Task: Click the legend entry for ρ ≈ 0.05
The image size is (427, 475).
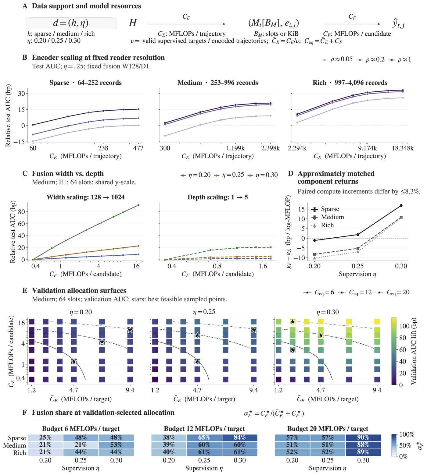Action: [x=337, y=59]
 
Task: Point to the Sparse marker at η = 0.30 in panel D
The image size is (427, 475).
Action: [x=401, y=206]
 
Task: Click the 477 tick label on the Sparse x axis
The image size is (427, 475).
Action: [x=138, y=148]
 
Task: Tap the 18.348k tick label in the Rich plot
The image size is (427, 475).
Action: [x=403, y=148]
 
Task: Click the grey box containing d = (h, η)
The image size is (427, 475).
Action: [x=71, y=23]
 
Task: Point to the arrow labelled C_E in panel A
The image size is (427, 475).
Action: [x=186, y=24]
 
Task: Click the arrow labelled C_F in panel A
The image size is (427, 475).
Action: [x=352, y=24]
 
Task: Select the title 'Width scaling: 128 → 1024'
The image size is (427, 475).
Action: [x=86, y=197]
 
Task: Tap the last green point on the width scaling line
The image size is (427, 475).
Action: [x=138, y=205]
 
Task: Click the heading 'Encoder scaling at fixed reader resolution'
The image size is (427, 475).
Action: [x=98, y=58]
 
